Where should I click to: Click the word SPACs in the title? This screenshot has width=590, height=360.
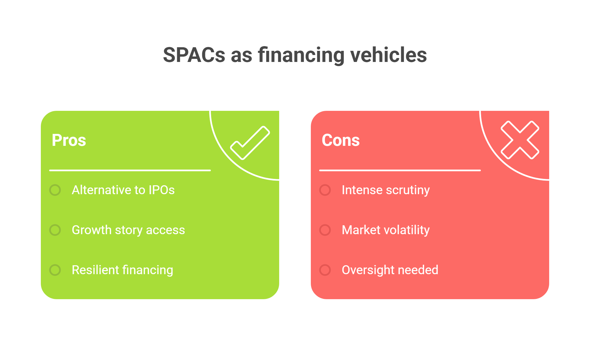[194, 55]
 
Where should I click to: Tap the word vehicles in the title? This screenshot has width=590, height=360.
[389, 55]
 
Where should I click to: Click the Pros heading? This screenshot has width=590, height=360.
[69, 140]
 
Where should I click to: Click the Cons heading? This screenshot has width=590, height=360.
[341, 140]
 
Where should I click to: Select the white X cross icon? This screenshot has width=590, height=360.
[520, 140]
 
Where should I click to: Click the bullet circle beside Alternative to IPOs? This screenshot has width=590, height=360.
[55, 190]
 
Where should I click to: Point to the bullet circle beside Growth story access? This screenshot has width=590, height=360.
[55, 230]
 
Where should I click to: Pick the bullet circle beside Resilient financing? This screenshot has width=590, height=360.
[55, 270]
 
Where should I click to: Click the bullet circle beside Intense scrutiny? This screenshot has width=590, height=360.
[325, 190]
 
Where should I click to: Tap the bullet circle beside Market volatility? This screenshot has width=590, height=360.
[325, 230]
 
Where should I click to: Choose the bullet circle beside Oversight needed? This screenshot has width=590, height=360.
[325, 270]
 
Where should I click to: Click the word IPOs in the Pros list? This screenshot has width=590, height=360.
[162, 190]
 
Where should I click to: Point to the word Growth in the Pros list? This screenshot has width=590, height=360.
[92, 230]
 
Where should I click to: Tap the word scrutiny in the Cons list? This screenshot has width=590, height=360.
[408, 191]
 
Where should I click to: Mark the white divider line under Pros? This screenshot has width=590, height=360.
[130, 170]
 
